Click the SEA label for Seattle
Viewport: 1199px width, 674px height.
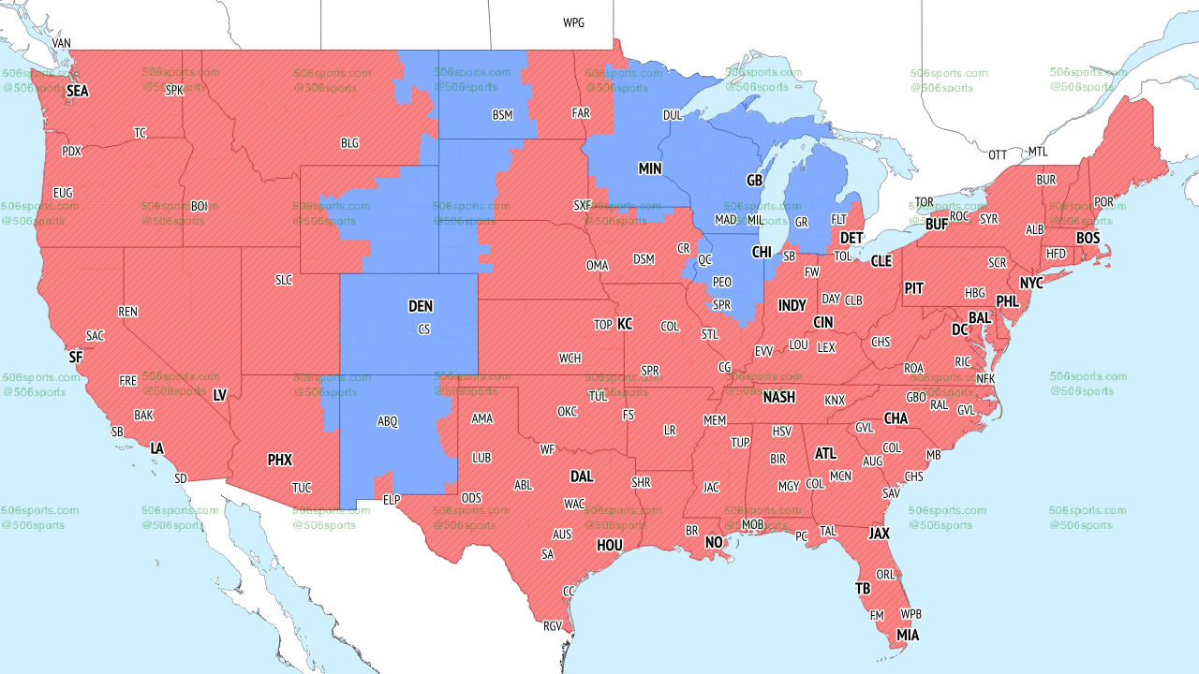coord(78,91)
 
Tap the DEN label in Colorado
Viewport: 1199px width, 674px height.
coord(421,306)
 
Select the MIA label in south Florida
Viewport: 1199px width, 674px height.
coord(907,636)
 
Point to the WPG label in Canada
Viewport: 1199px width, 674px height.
coord(573,22)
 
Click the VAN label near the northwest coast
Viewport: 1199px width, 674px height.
coord(62,43)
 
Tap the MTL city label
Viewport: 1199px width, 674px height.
coord(1038,152)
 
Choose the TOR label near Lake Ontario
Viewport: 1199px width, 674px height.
coord(924,202)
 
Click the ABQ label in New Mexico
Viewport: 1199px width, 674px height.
coord(388,422)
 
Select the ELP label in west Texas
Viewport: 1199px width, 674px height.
coord(392,501)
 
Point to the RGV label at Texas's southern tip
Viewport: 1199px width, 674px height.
coord(552,626)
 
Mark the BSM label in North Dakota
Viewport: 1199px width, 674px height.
coord(503,115)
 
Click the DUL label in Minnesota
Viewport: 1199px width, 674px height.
coord(673,115)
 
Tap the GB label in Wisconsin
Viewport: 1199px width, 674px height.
coord(754,180)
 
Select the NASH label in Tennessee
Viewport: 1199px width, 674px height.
coord(778,397)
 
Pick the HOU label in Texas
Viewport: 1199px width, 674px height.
coord(610,545)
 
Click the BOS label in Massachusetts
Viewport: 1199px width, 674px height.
coord(1088,239)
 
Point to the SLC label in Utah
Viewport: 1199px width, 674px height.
coord(284,280)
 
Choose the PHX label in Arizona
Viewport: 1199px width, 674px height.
coord(280,460)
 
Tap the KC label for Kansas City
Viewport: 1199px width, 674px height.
coord(625,324)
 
